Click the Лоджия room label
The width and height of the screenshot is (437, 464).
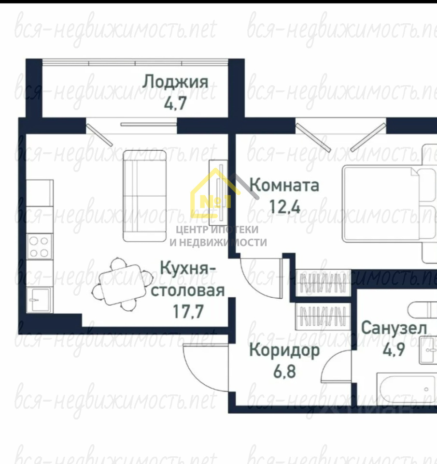pos(175,83)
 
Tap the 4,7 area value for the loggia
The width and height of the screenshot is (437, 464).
pos(175,103)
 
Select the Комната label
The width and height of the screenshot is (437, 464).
pos(284,185)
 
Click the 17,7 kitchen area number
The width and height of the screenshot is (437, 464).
pos(188,311)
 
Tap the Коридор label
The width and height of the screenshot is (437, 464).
pos(284,350)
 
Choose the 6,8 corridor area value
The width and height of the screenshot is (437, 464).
pos(284,371)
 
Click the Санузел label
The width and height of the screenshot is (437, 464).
pos(394,328)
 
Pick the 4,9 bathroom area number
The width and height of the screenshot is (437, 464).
pos(394,349)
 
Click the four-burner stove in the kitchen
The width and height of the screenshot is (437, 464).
pos(39,246)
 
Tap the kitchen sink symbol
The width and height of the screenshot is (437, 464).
pos(39,300)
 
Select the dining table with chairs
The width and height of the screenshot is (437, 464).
pos(122,284)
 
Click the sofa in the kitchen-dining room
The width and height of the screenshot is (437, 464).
pos(144,196)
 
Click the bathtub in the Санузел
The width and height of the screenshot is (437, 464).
pos(407,389)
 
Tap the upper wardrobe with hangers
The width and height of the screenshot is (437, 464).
pos(323,283)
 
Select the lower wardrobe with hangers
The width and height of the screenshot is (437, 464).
pos(323,316)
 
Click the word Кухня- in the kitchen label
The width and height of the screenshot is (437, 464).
pos(188,268)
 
